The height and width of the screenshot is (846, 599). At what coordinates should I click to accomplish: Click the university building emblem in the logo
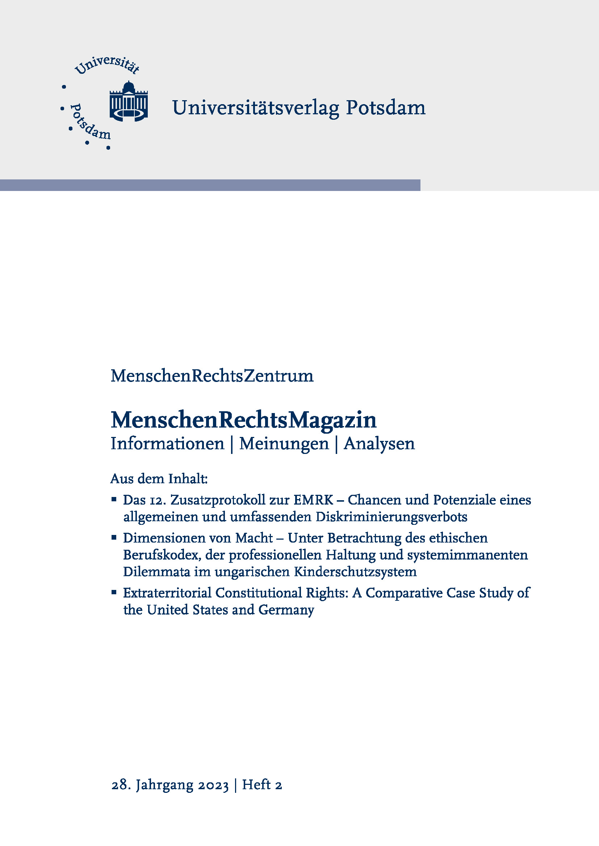tap(129, 102)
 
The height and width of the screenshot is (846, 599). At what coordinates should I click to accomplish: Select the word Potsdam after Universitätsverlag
tap(385, 108)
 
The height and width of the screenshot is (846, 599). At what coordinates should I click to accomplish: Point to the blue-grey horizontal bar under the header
tap(210, 185)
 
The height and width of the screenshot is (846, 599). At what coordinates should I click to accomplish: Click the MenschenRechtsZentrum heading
tap(212, 376)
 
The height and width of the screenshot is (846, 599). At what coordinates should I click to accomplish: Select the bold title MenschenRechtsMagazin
tap(243, 420)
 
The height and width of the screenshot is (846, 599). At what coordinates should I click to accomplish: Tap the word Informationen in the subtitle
tap(167, 444)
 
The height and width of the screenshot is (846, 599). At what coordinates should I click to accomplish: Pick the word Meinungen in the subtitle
tap(284, 444)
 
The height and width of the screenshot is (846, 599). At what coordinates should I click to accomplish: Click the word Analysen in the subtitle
tap(379, 444)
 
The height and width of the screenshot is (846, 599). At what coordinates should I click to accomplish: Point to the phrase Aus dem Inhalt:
tap(159, 479)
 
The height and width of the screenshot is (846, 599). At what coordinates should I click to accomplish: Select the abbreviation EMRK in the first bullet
tap(314, 500)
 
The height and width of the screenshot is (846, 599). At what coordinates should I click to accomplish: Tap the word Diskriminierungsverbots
tap(391, 517)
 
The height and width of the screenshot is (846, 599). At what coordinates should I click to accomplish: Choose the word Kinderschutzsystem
tap(355, 572)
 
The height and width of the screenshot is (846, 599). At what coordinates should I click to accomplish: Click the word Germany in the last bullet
tap(286, 610)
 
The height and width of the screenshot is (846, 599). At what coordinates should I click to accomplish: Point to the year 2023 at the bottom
tap(214, 785)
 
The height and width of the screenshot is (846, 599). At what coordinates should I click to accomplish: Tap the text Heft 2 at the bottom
tap(262, 785)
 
